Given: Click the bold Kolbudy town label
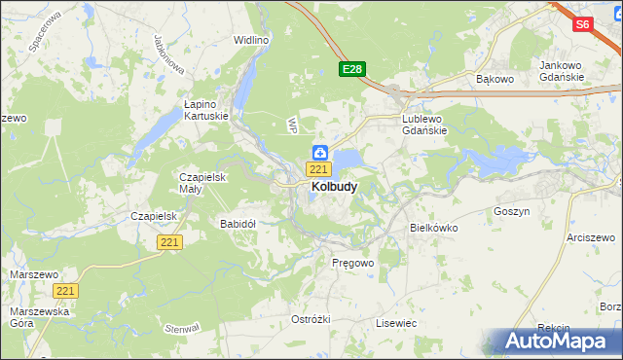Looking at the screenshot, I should coord(333,186).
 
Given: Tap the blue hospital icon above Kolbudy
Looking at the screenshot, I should coord(320,152).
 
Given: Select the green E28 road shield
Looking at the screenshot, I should coord(352,69).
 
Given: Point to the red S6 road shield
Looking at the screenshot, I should coord(583,25).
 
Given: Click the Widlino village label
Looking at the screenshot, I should coord(250,40).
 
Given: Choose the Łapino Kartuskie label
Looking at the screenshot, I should coord(206,109).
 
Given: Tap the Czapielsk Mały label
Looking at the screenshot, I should coord(202,183).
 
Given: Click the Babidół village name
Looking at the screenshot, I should coord(238,224).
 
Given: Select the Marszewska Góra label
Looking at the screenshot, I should coord(34,317).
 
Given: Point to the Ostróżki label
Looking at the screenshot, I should coord(311,319).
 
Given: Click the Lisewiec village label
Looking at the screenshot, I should coord(396,322).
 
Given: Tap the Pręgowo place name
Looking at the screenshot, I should coord(352,263).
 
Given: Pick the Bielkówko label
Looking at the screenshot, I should coord(434,228).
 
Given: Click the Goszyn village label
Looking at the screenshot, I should coord(511,211).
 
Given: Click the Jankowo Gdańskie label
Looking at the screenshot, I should coord(562,71).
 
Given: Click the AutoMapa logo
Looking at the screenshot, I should coord(551,342).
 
